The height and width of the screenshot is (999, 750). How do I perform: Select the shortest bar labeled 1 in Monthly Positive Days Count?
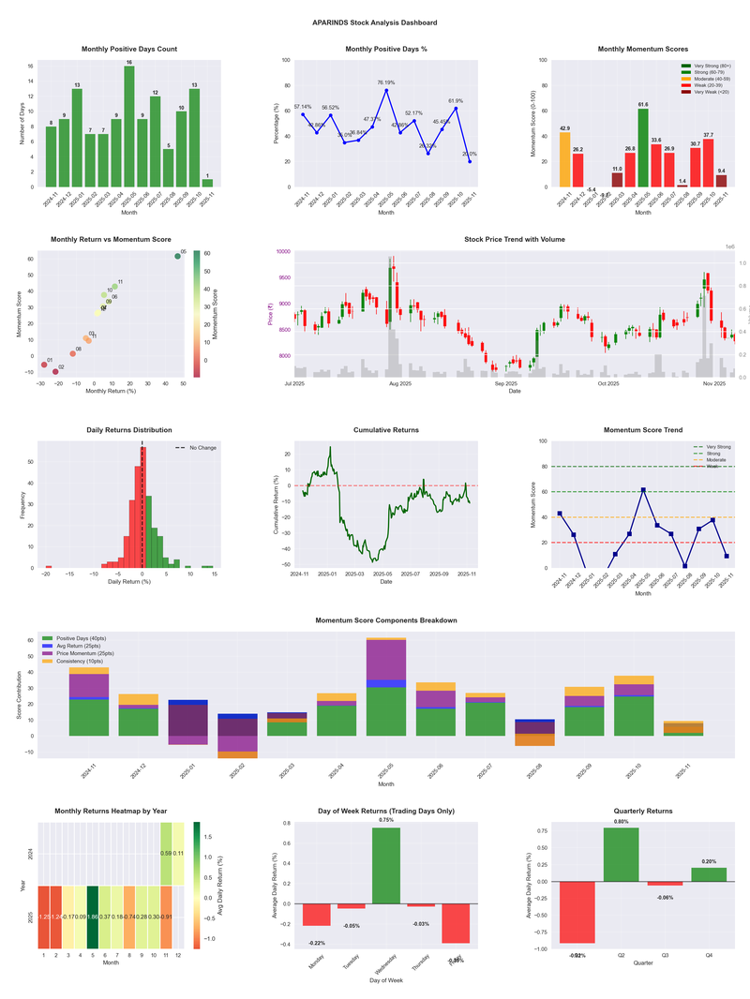click(x=207, y=183)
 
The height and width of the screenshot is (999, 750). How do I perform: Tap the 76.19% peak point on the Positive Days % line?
click(x=386, y=90)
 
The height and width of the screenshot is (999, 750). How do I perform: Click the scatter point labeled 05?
click(x=177, y=256)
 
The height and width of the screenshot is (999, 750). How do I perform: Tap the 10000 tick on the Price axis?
click(x=280, y=252)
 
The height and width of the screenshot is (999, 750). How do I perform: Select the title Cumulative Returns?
click(x=386, y=430)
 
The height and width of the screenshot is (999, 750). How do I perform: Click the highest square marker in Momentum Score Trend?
click(x=643, y=489)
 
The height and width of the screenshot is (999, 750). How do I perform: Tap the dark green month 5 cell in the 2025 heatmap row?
click(x=93, y=917)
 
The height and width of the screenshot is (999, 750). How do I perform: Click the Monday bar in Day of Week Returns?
click(x=317, y=915)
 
